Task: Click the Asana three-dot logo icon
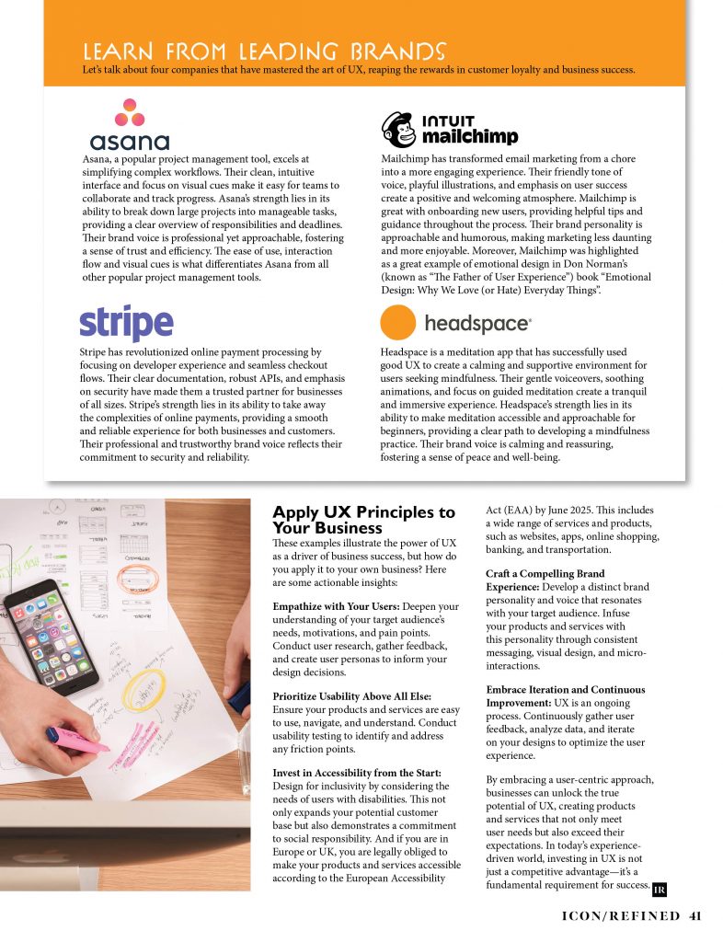pos(129,113)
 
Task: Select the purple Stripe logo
pos(126,324)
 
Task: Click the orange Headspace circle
pos(398,323)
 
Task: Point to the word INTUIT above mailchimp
pos(448,121)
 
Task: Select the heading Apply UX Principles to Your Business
pos(363,520)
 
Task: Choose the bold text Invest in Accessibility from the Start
pos(356,772)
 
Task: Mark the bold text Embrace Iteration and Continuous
pos(565,689)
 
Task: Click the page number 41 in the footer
pos(695,915)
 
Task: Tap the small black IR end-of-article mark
pos(659,889)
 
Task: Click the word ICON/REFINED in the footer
pos(620,915)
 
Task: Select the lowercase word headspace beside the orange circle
pos(476,324)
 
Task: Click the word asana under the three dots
pos(129,142)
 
